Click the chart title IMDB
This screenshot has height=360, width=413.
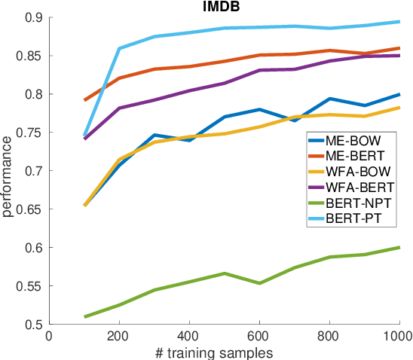click(224, 8)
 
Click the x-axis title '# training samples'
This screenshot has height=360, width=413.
click(224, 352)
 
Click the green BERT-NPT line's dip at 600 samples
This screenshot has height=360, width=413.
click(259, 283)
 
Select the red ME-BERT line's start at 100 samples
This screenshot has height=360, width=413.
click(84, 100)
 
